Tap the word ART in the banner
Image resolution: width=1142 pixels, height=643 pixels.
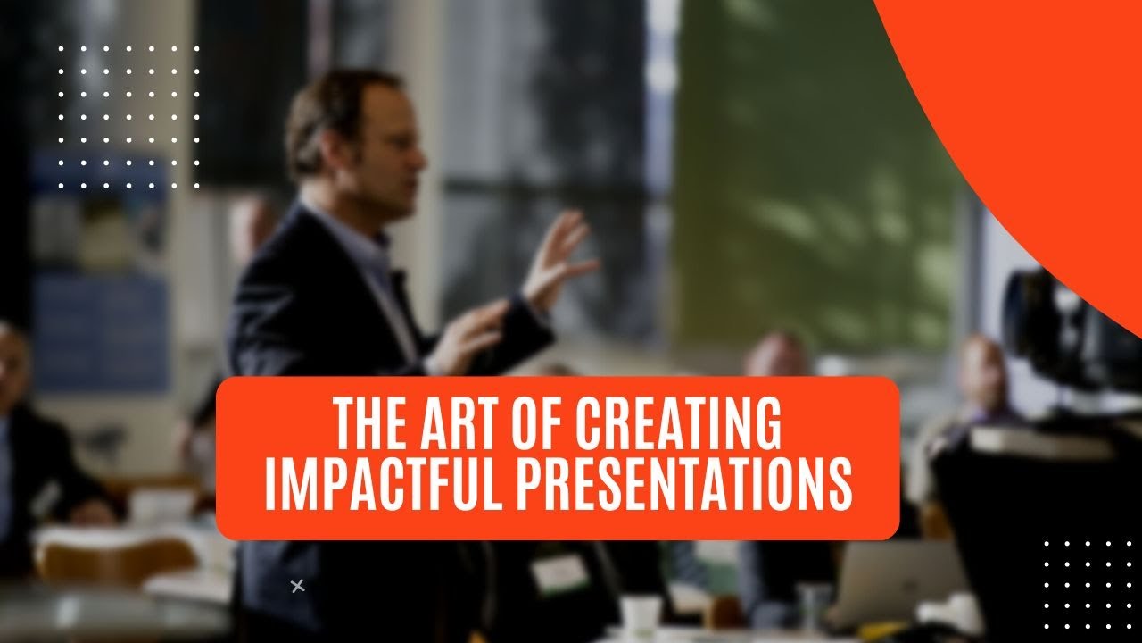473,424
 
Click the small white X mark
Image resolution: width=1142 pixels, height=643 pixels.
298,586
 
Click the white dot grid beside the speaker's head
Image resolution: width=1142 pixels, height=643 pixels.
129,116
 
